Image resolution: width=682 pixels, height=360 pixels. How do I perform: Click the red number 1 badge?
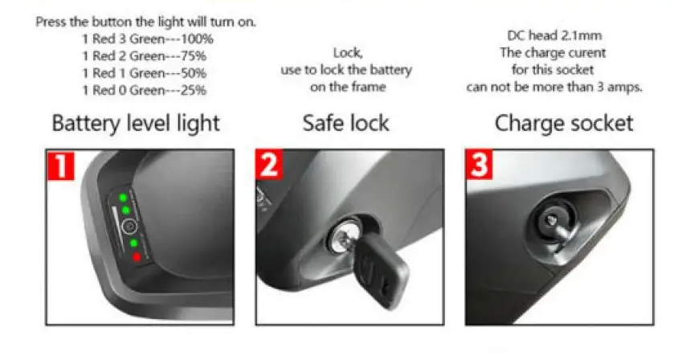[x=60, y=165]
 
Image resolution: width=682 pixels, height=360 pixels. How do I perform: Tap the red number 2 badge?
[x=269, y=164]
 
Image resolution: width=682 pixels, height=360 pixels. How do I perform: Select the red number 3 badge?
[x=479, y=164]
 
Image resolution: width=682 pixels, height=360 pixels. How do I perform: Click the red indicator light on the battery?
[x=137, y=257]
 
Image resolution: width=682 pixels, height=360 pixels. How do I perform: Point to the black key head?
[x=382, y=270]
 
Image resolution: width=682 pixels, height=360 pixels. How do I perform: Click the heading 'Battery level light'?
[x=136, y=123]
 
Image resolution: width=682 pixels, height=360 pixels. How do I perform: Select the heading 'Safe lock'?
[x=345, y=123]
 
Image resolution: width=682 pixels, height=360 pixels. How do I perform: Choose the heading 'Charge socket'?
[x=564, y=123]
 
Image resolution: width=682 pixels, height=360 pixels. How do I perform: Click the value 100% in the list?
[x=197, y=39]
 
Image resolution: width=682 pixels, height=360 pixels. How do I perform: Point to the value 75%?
[x=193, y=56]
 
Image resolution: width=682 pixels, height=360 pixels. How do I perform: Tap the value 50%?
[x=193, y=73]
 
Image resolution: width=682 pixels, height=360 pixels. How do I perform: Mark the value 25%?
[x=193, y=90]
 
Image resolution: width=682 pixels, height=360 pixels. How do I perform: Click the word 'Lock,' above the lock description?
[x=348, y=53]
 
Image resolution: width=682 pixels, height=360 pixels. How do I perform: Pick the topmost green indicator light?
[x=123, y=198]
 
